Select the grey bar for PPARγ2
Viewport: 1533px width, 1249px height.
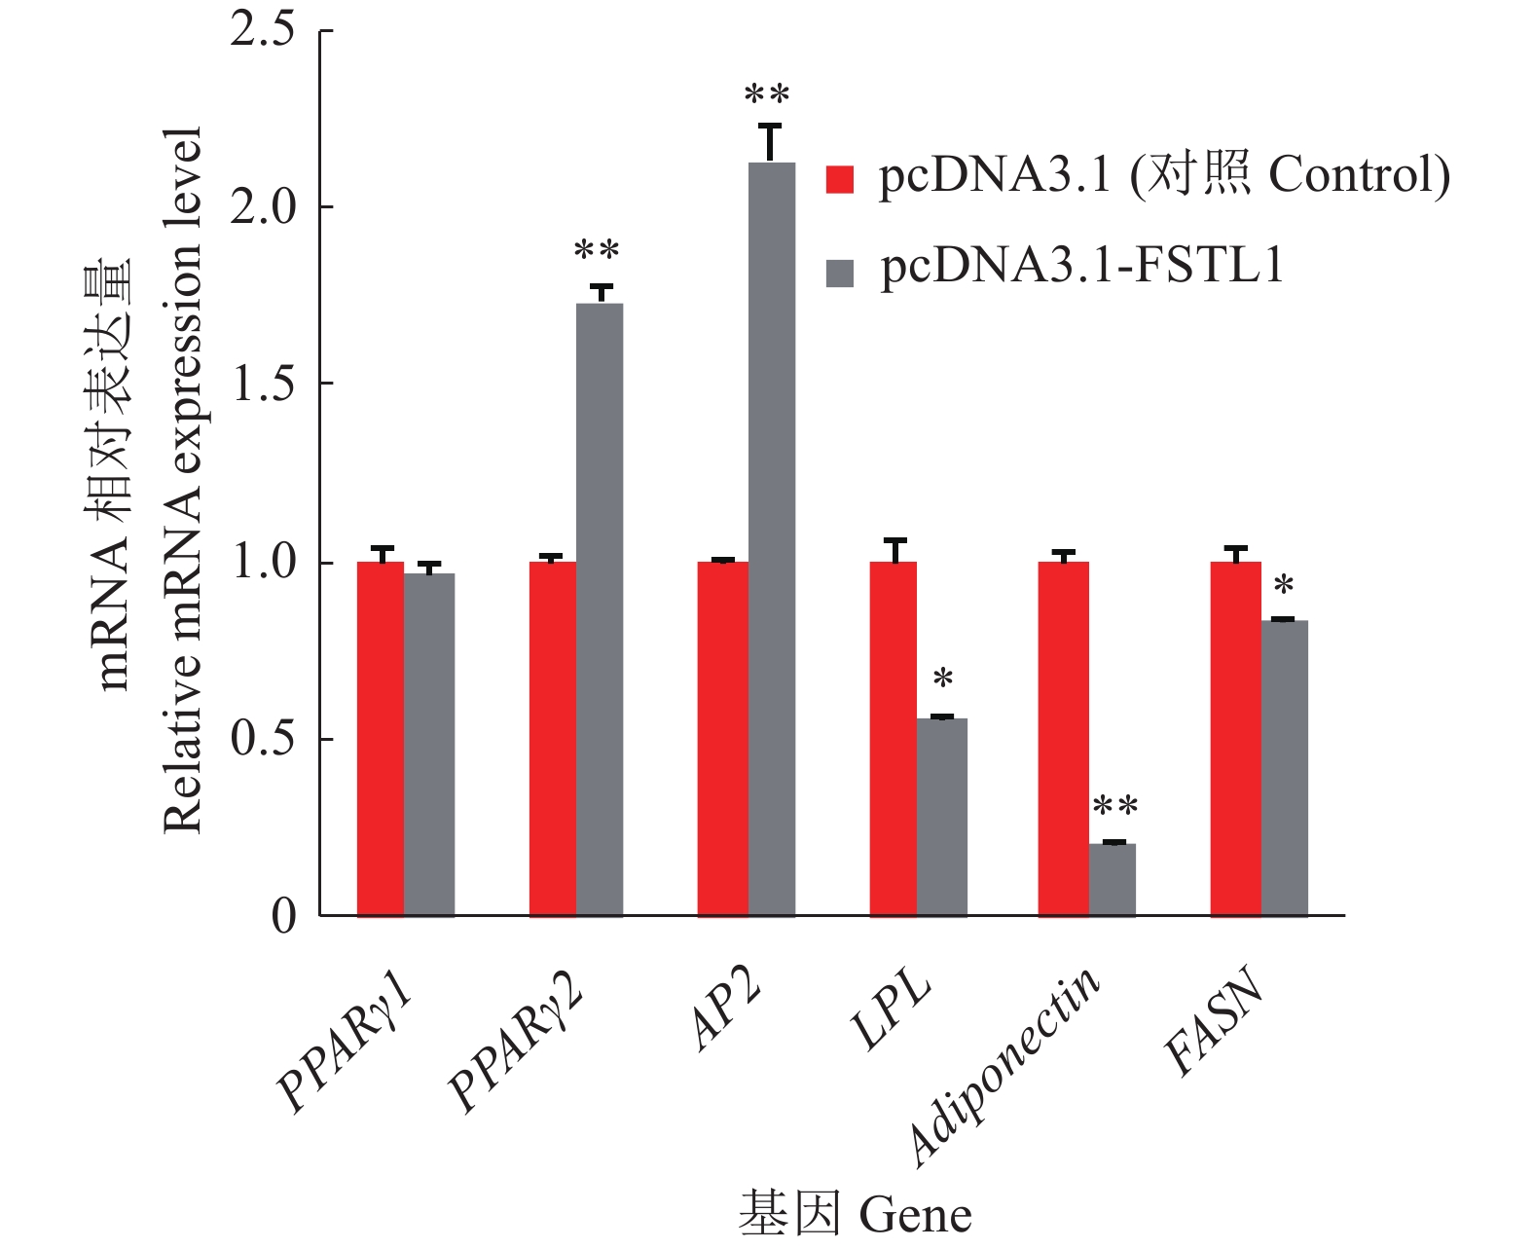(600, 609)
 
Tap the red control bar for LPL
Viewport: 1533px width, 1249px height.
(893, 739)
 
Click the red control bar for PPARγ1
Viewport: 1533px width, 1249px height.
(381, 739)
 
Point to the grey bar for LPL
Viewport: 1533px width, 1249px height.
(941, 817)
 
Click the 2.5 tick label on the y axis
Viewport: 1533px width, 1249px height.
(262, 30)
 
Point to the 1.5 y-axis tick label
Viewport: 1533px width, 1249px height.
(262, 385)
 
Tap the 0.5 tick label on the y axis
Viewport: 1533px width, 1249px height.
(262, 739)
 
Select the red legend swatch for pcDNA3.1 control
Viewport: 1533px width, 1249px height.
(839, 179)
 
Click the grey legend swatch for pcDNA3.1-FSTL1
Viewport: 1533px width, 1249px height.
(839, 273)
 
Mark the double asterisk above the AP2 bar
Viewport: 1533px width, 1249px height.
(767, 95)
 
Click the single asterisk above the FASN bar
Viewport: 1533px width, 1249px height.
(1284, 587)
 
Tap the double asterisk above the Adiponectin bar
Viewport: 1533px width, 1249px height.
(1114, 807)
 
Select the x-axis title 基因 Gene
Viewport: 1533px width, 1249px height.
(855, 1213)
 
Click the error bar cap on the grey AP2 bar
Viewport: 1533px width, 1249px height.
(770, 126)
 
